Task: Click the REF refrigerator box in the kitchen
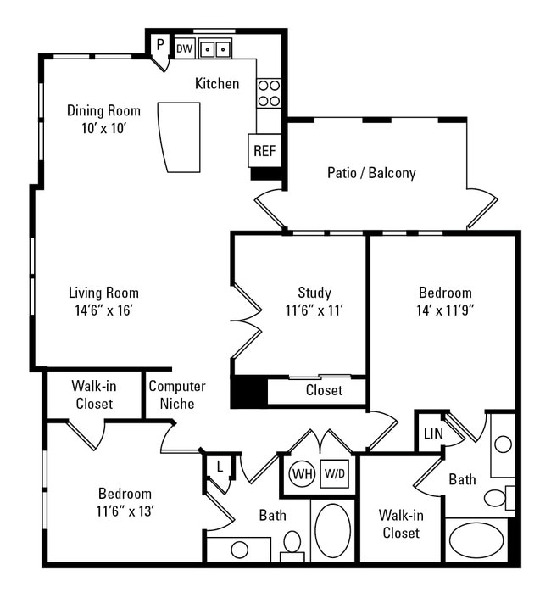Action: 264,151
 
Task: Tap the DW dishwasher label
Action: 184,49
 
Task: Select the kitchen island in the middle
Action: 178,137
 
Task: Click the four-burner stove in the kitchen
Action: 269,92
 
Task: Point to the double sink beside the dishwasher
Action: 215,49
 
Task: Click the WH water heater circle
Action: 301,473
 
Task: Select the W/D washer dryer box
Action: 333,473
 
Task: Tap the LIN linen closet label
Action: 432,433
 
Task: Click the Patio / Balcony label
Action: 371,173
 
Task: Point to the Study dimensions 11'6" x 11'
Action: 314,310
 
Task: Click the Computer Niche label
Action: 177,394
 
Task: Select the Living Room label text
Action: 103,293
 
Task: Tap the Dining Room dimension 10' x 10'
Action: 103,128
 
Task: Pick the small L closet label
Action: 219,467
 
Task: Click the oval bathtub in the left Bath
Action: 332,530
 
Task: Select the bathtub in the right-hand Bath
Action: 475,540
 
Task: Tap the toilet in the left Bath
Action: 292,543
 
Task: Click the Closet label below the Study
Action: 324,390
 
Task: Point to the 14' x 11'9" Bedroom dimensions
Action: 444,310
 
